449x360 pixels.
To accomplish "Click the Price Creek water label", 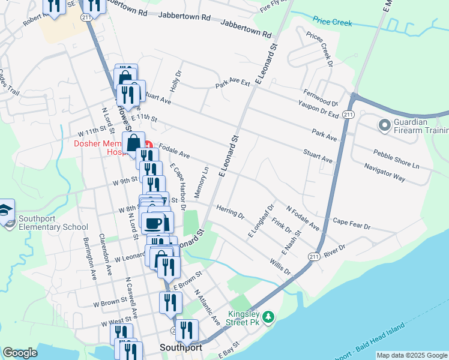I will (x=331, y=22).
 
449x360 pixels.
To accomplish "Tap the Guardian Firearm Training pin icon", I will (x=383, y=125).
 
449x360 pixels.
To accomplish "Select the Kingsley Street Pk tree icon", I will (x=270, y=316).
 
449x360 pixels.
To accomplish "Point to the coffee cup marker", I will (x=153, y=223).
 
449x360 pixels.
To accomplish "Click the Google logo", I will (x=20, y=353).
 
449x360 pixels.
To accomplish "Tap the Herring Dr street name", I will (x=230, y=211).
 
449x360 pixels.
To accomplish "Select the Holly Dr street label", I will (x=175, y=80).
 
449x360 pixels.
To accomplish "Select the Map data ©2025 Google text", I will (x=411, y=355).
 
